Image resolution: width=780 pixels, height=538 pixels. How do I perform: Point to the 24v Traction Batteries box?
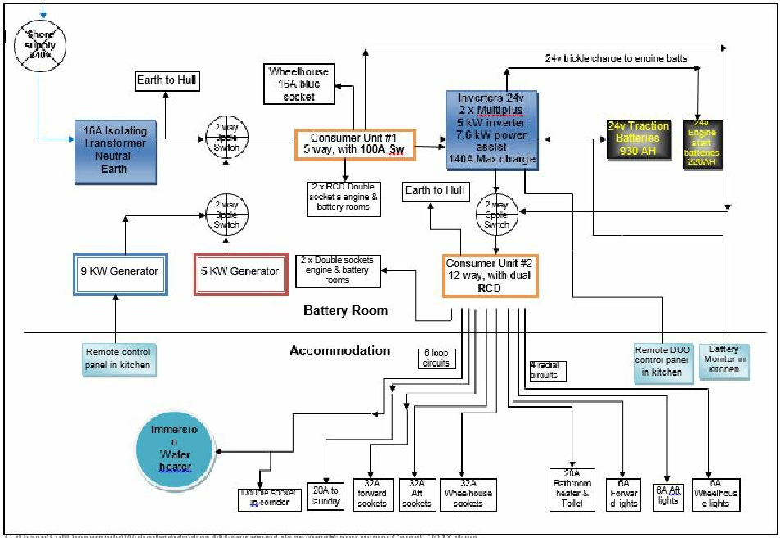tap(638, 139)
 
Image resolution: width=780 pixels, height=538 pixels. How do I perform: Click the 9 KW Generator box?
tap(121, 271)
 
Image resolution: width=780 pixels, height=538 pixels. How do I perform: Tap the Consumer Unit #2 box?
tap(490, 275)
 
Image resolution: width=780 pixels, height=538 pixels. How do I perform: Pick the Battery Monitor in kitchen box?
tap(723, 360)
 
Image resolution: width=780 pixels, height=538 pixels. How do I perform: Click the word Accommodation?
tap(340, 351)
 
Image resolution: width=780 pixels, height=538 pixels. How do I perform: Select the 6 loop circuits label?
tap(436, 358)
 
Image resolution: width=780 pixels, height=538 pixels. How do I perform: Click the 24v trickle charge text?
tap(615, 58)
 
